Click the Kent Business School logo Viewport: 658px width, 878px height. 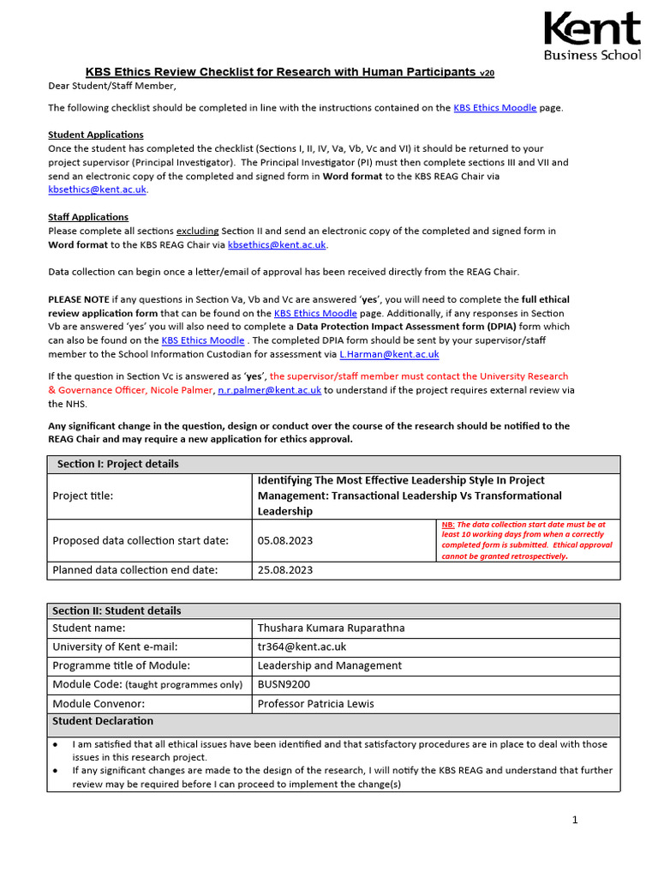591,36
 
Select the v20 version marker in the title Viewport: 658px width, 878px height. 487,74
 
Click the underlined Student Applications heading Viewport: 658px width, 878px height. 96,135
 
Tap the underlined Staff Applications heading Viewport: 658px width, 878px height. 88,217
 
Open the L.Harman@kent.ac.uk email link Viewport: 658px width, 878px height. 389,353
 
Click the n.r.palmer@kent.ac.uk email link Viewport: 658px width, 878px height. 269,389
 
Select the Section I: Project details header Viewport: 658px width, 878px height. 118,464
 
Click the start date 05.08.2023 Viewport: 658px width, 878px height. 285,540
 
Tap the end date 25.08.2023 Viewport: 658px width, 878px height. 285,570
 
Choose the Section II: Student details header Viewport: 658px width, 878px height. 117,610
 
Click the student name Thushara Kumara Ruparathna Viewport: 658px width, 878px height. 331,628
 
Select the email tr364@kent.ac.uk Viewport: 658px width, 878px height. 302,646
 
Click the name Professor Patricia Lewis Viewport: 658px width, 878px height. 315,704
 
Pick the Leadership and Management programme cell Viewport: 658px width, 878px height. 329,665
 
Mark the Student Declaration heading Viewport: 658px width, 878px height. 103,721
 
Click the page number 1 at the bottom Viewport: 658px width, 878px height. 575,820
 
